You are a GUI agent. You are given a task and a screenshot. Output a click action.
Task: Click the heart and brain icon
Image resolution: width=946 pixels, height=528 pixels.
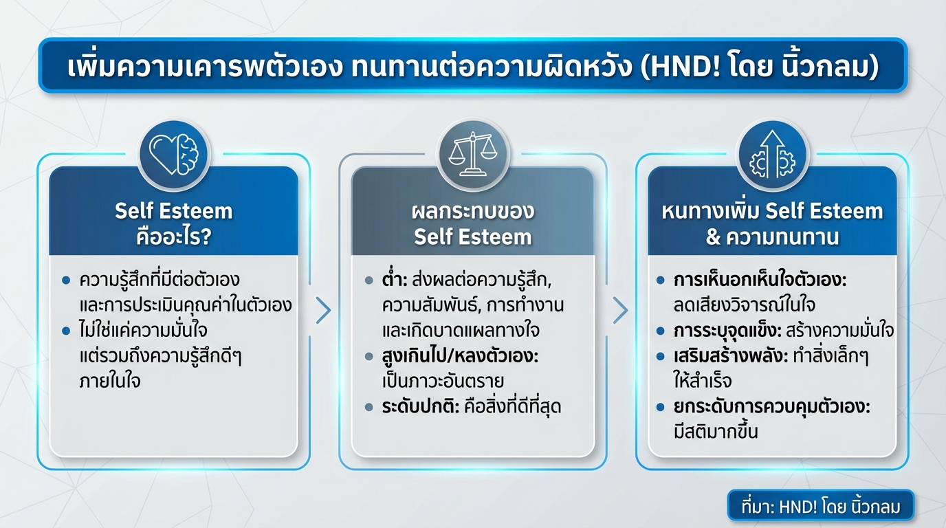[x=173, y=154]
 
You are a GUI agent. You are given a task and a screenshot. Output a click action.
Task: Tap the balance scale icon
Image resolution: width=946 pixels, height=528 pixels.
[x=472, y=154]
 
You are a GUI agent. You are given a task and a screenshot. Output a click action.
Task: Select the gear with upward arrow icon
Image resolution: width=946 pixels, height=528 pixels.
[x=772, y=154]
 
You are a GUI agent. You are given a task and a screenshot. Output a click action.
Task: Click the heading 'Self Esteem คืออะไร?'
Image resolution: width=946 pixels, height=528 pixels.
[x=173, y=223]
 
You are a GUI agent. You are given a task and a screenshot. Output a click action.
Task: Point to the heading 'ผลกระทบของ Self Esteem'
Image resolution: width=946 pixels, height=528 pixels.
[x=472, y=223]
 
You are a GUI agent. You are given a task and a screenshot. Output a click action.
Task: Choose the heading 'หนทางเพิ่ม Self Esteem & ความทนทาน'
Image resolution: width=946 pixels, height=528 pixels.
[x=772, y=223]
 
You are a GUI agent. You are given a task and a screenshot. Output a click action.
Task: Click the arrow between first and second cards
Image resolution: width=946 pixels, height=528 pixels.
[x=323, y=310]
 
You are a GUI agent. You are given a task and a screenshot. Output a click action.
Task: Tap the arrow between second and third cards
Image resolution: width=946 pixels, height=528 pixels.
[x=620, y=310]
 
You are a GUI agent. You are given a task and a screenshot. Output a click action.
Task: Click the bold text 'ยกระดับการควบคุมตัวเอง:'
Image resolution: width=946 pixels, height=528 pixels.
[x=772, y=406]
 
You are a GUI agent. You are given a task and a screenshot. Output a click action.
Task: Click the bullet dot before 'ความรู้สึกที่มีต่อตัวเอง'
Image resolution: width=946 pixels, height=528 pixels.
[x=66, y=281]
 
